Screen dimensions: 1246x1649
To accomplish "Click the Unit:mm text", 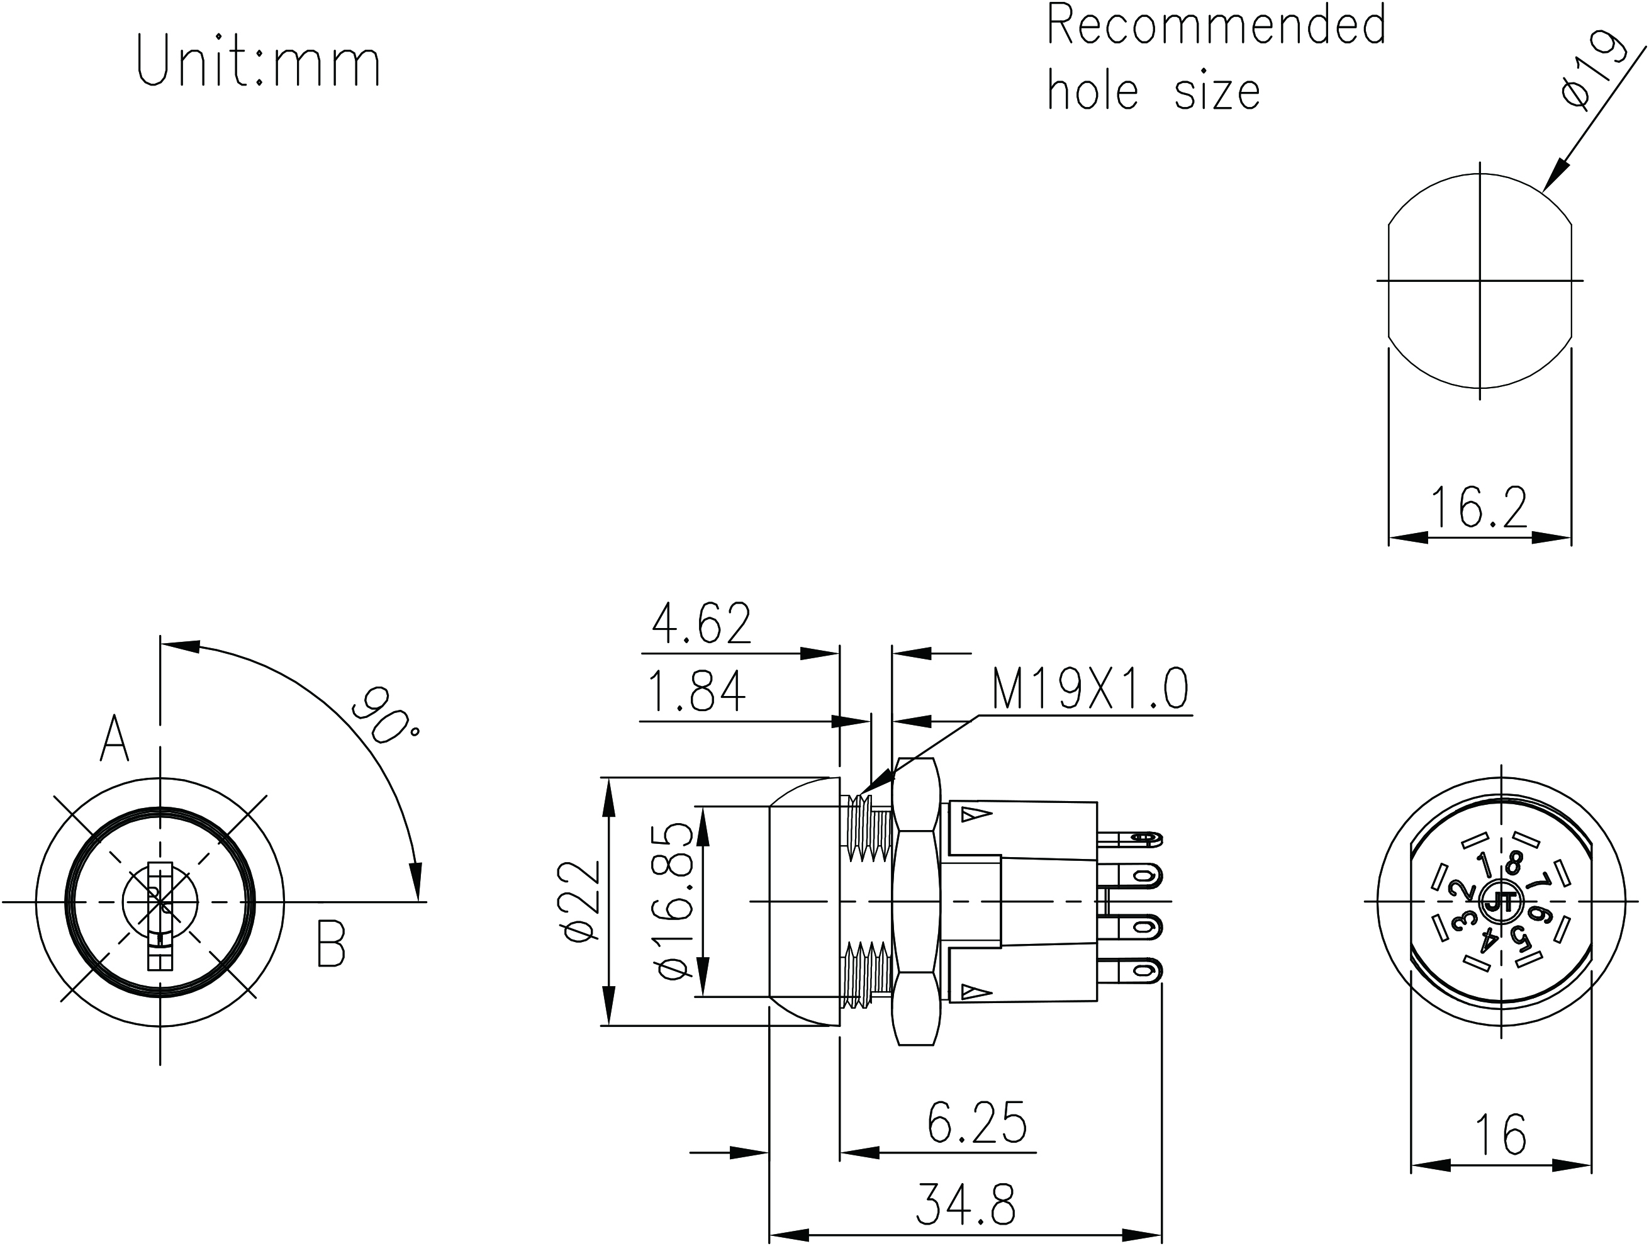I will coord(258,63).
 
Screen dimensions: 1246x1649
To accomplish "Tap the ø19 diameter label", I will coord(1595,71).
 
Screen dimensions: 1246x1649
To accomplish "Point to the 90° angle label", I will coord(384,716).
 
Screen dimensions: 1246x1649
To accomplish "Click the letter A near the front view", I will coord(114,738).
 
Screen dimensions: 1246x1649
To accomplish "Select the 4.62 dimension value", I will coord(702,624).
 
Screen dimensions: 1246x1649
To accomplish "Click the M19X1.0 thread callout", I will coord(1089,690).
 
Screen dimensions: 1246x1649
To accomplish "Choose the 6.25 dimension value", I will coord(977,1122).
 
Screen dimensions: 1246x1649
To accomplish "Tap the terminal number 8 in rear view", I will coord(1515,863).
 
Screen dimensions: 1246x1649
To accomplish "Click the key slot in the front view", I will coord(160,916).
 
